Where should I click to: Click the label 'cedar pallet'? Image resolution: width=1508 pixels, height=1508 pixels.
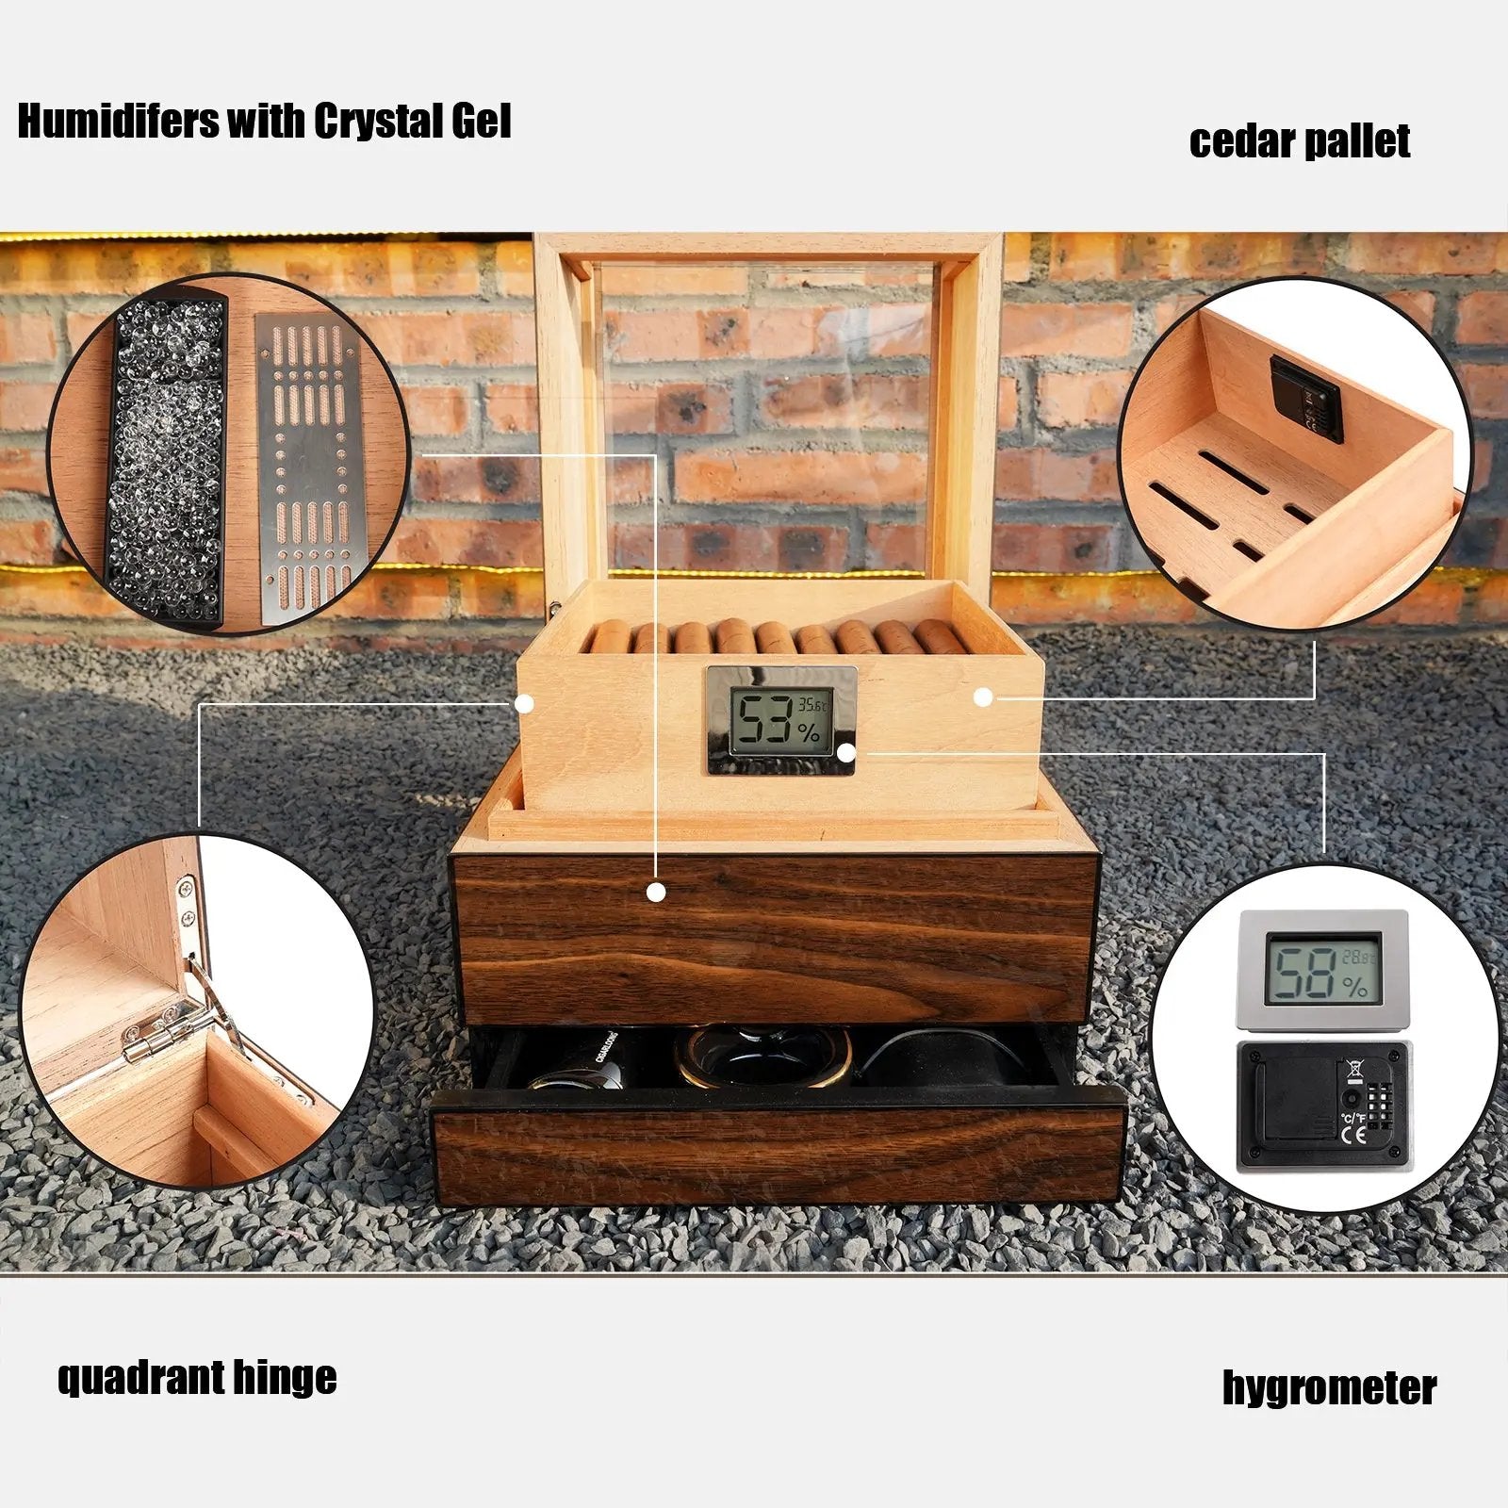1299,141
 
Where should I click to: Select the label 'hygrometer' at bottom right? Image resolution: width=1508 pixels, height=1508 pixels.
1329,1387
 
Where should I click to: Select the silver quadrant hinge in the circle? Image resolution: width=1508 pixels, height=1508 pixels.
184,1008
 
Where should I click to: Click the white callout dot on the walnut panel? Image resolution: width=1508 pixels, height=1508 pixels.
657,892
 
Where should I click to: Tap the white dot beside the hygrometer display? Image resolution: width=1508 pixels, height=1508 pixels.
845,752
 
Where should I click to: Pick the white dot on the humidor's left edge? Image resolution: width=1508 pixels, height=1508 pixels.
525,703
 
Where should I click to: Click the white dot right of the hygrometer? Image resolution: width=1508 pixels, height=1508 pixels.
983,697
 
